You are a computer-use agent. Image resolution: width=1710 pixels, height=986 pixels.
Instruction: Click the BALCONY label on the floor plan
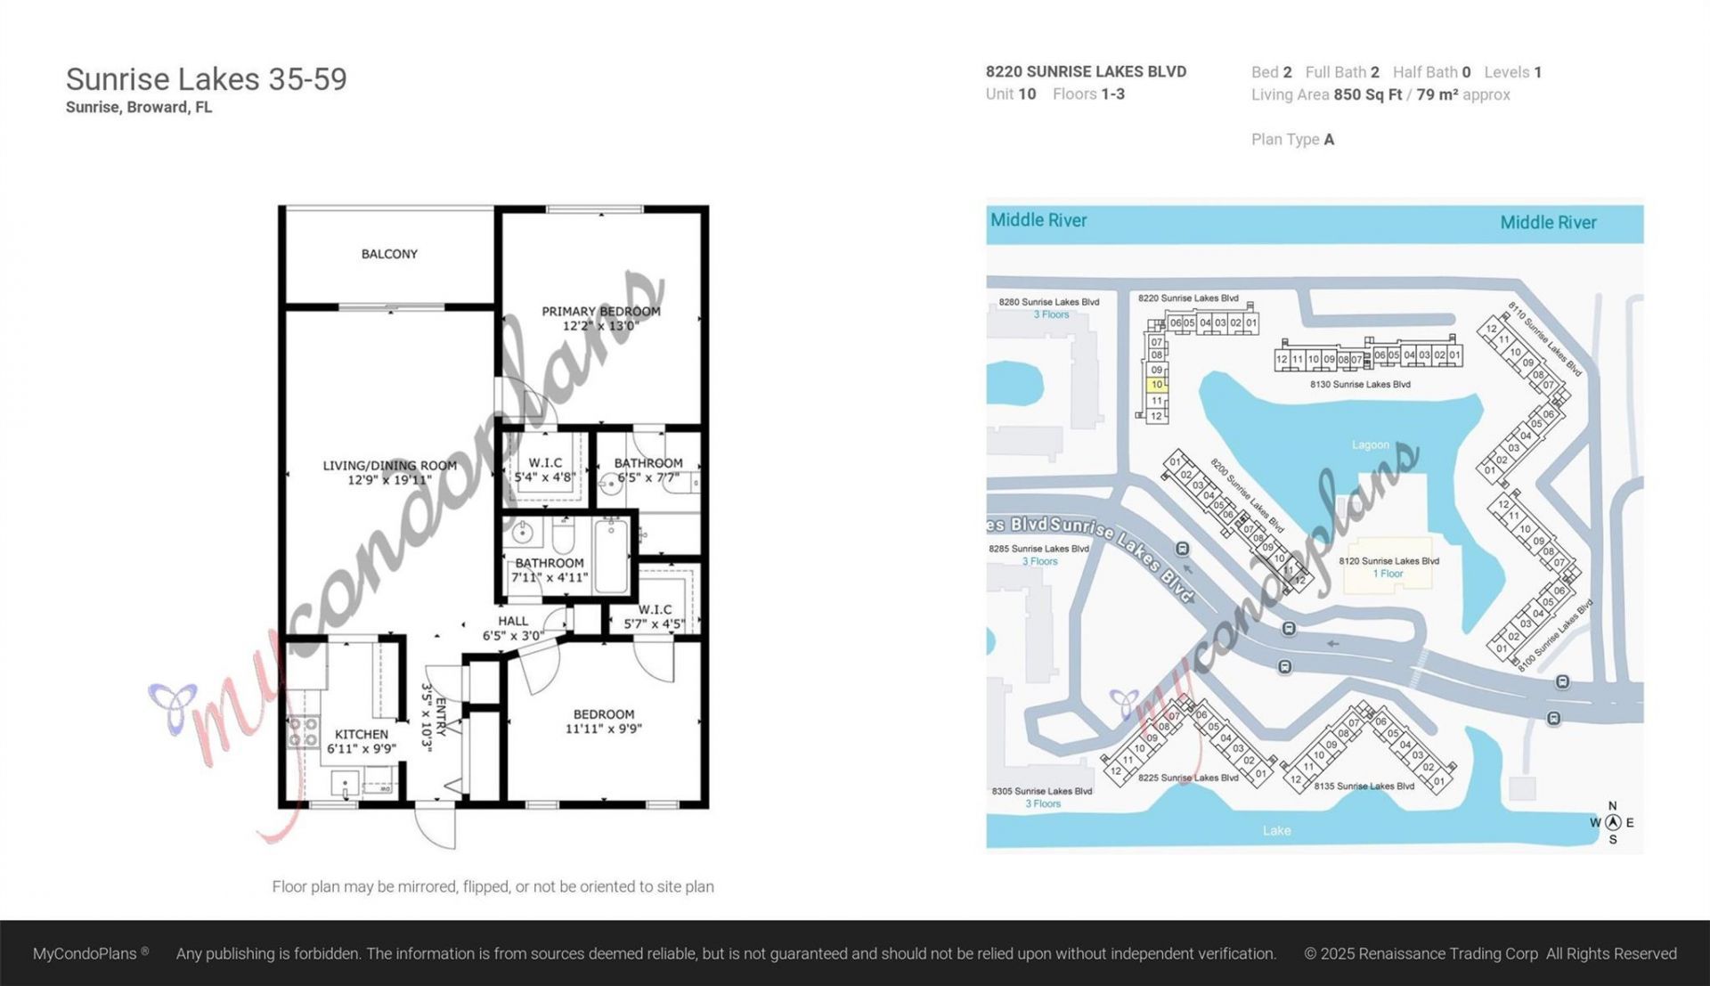(389, 254)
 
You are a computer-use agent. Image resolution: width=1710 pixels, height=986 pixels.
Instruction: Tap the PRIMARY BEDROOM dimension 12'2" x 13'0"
(600, 326)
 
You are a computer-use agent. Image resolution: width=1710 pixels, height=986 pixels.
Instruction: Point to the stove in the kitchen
(303, 731)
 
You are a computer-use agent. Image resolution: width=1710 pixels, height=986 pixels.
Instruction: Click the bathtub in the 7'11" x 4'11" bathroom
(611, 557)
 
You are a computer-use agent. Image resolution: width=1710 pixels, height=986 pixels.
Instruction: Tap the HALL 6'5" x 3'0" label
(512, 628)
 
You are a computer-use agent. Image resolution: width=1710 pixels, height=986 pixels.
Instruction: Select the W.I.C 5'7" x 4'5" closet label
(655, 616)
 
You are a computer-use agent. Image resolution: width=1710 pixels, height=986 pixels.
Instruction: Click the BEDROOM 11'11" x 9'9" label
(604, 721)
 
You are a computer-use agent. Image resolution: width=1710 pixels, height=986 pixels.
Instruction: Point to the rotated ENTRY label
(440, 717)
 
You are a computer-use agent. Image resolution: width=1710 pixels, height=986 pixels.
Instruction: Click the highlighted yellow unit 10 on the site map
(1156, 385)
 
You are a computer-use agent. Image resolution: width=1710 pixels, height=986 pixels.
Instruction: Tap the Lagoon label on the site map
(1370, 444)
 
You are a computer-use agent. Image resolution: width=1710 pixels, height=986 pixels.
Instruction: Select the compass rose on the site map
(1612, 822)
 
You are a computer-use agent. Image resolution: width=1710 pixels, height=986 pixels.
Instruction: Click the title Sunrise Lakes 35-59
(206, 79)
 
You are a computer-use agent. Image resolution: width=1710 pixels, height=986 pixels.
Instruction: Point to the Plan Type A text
(1292, 139)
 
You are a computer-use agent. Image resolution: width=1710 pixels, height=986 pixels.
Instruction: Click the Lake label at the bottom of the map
(1275, 830)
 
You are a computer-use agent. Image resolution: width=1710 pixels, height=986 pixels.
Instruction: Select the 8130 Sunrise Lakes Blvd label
(1359, 385)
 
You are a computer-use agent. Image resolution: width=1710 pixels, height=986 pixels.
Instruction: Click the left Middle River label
(1038, 220)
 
